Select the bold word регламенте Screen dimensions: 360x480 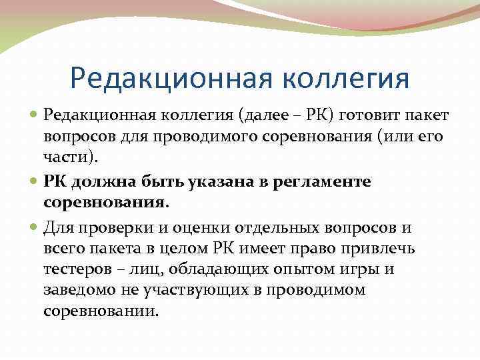[325, 182]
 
